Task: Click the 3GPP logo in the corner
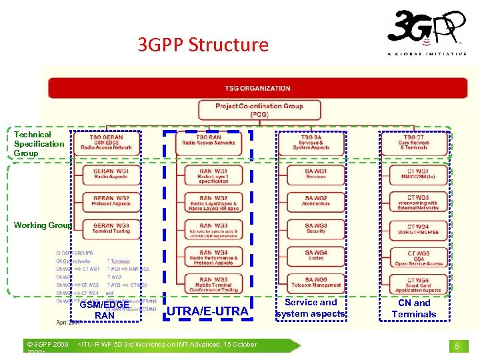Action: (427, 32)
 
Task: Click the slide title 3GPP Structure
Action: (203, 45)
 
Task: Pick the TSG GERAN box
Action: (107, 142)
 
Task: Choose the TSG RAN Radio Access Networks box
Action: (209, 139)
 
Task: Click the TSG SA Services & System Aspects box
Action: (311, 142)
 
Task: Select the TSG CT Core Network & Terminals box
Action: (414, 142)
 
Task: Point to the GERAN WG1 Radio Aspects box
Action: (111, 173)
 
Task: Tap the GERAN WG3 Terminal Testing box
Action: (111, 227)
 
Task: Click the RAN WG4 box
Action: (213, 257)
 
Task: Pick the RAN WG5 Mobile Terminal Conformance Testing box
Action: (213, 285)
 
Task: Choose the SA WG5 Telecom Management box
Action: (316, 282)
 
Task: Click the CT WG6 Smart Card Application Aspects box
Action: (418, 285)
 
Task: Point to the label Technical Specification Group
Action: (39, 144)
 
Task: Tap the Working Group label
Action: (42, 225)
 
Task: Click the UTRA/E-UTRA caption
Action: (207, 311)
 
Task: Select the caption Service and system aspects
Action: (310, 308)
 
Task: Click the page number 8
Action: (457, 346)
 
